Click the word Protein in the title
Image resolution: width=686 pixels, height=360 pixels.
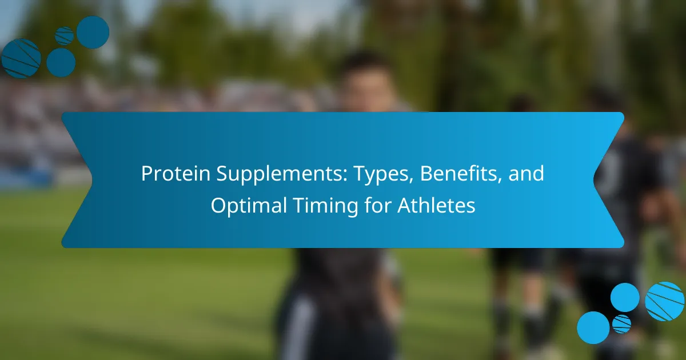(x=176, y=174)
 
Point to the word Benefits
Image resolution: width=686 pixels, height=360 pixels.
(x=460, y=173)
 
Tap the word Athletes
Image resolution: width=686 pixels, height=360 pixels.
(x=436, y=205)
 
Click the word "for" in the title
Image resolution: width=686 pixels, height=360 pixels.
(x=378, y=205)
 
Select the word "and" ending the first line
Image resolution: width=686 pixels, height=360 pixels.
(x=526, y=173)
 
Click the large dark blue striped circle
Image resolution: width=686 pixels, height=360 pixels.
(x=21, y=58)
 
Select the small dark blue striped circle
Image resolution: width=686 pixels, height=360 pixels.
(x=64, y=36)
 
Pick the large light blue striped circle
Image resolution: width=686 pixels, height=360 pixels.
(x=664, y=301)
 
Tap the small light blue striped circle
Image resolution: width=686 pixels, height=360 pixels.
(x=622, y=324)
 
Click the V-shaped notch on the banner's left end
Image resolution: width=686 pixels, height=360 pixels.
(x=91, y=179)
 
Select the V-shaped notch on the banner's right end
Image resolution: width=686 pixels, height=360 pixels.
(x=594, y=179)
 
